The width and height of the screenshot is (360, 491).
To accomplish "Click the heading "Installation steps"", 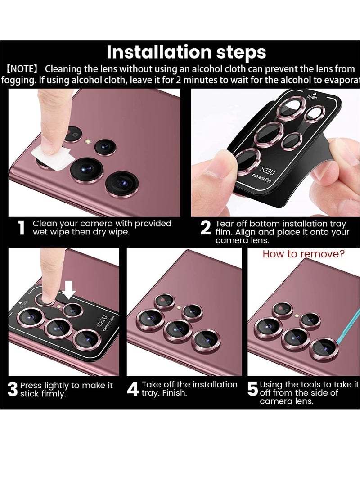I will pyautogui.click(x=186, y=53).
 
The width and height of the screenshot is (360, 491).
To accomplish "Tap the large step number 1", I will pyautogui.click(x=21, y=228).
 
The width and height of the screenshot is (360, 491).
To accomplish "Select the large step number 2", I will pyautogui.click(x=205, y=228).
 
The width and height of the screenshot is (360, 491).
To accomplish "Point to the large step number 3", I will pyautogui.click(x=13, y=390).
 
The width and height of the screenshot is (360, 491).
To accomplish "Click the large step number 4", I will pyautogui.click(x=132, y=389).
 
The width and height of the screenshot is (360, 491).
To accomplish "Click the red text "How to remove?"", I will pyautogui.click(x=303, y=254).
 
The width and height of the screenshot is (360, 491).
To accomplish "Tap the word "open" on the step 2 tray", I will pyautogui.click(x=312, y=96).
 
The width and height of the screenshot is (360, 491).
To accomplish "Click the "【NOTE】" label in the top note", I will pyautogui.click(x=23, y=69).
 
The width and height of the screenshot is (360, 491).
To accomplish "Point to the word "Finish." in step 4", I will pyautogui.click(x=174, y=393).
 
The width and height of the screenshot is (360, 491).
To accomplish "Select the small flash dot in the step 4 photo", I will pyautogui.click(x=179, y=307).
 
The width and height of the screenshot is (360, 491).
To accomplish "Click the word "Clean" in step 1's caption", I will pyautogui.click(x=45, y=224).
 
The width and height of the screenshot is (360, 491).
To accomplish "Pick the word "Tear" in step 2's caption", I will pyautogui.click(x=225, y=224).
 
